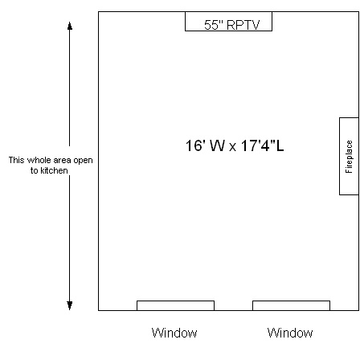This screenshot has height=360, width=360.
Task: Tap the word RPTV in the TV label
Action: click(243, 25)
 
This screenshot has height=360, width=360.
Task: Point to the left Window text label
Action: click(174, 333)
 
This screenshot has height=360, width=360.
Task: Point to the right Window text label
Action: click(290, 333)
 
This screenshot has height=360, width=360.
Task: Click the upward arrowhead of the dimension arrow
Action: click(70, 26)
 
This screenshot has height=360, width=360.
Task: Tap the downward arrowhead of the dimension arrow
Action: click(70, 305)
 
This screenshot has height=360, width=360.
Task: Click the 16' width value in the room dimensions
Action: click(195, 145)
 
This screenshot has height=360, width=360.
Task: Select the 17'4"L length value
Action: click(262, 145)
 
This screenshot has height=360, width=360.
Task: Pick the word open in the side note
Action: click(83, 161)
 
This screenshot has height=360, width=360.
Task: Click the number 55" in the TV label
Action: click(214, 25)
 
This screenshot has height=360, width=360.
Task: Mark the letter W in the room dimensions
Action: click(217, 145)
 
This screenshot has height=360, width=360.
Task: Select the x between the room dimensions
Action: click(233, 147)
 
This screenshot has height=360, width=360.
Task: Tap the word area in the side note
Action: click(62, 161)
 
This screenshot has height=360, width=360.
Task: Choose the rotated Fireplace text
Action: click(349, 157)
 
